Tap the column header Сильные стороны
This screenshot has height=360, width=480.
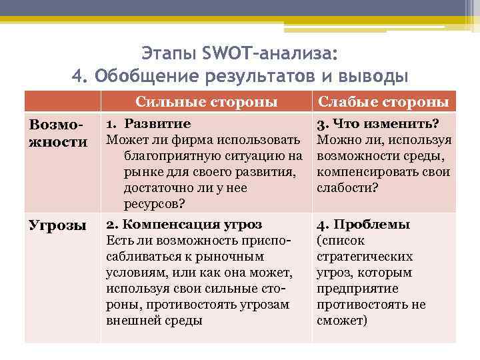(207, 102)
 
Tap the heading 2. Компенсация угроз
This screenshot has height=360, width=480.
(184, 225)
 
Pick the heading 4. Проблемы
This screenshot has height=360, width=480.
(363, 225)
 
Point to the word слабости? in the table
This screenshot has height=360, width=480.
(347, 188)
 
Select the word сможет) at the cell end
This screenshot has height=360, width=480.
(341, 321)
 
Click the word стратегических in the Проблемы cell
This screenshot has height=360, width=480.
(365, 257)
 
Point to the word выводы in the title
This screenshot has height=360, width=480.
(373, 75)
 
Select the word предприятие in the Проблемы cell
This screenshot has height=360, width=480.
(356, 289)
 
